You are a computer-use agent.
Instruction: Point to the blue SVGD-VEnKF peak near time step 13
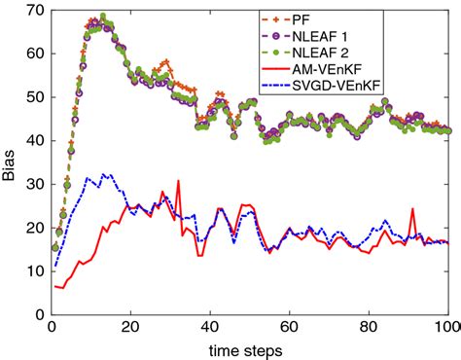click(103, 175)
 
